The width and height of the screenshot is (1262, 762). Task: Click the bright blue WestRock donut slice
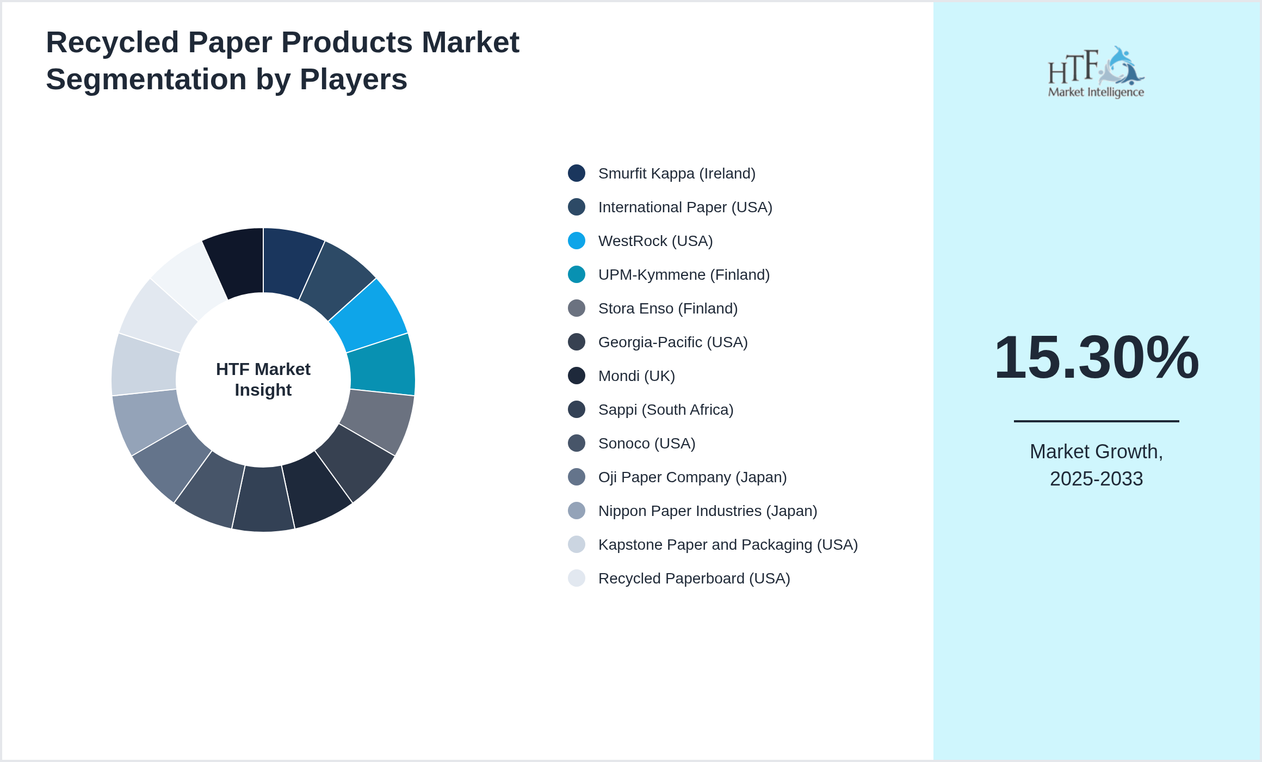pos(370,316)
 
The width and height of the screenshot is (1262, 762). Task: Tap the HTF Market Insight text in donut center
pos(263,379)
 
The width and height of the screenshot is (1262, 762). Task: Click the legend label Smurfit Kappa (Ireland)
pos(676,173)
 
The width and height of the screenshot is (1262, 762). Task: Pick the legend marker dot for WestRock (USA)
pos(577,241)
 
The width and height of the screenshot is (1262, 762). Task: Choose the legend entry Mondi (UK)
pos(636,376)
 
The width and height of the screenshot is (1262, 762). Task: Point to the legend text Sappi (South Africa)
pos(665,409)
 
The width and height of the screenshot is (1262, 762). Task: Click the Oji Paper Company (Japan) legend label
pos(692,477)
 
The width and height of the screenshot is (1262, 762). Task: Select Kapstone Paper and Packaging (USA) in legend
pos(727,544)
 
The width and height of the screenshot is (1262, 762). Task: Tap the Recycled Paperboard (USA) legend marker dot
pos(577,578)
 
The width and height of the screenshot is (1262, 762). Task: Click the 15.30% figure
pos(1096,357)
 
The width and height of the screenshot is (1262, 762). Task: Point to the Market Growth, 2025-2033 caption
pos(1096,465)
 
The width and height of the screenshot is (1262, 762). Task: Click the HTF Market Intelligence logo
pos(1096,72)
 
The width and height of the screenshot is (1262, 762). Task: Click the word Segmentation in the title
pos(146,79)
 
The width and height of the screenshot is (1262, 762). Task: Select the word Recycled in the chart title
pos(112,42)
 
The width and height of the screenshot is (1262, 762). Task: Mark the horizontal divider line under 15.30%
pos(1096,421)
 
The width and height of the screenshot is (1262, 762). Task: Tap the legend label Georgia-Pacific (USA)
pos(672,342)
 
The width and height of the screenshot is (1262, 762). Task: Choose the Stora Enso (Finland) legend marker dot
pos(577,308)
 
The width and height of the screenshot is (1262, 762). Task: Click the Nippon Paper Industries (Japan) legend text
pos(707,511)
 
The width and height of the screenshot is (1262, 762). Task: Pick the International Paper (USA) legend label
pos(685,207)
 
